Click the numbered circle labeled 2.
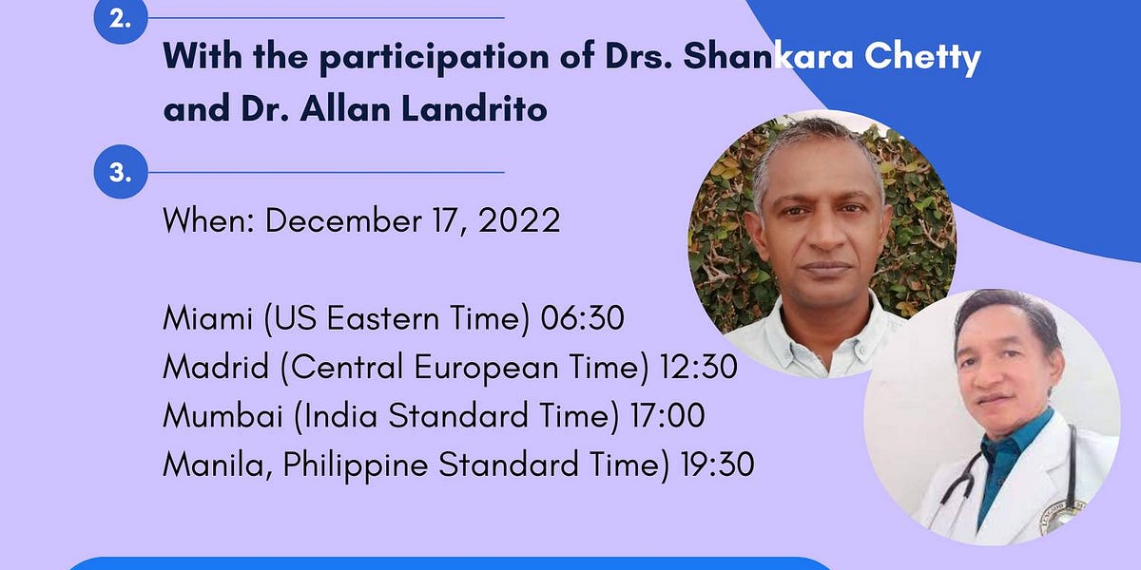(120, 21)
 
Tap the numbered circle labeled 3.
(120, 173)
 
